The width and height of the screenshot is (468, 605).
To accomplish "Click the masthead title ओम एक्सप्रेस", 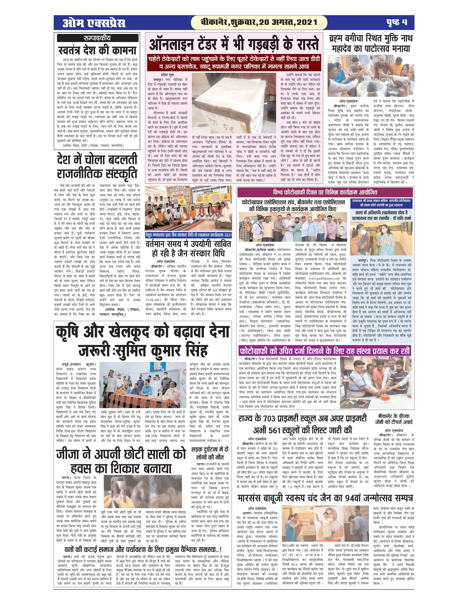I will click(x=94, y=23).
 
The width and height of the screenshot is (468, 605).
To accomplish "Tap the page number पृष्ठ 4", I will click(x=397, y=22).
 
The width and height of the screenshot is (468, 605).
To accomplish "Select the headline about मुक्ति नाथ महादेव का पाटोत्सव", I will click(x=371, y=43).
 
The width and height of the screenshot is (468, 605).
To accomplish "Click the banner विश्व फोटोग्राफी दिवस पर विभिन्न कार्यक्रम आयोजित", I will click(x=325, y=192).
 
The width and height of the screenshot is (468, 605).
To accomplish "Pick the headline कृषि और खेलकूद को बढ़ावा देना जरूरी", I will click(x=143, y=341).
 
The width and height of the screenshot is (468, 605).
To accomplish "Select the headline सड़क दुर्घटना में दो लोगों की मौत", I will click(x=210, y=453).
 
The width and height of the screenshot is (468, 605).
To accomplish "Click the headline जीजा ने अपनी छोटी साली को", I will click(x=121, y=454).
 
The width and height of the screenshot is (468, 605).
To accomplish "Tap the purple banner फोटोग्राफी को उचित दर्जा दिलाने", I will click(x=324, y=351).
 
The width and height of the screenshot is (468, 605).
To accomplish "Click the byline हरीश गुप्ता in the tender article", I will click(x=167, y=75).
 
